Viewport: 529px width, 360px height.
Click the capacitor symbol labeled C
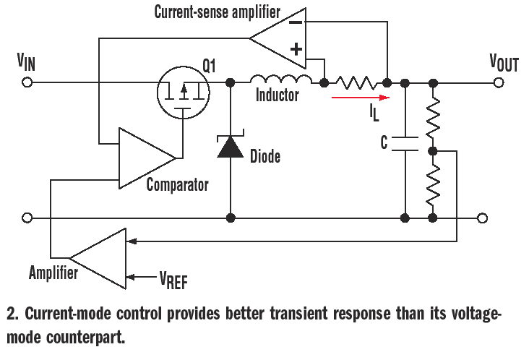pyautogui.click(x=405, y=143)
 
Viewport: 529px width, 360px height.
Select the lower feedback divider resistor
pyautogui.click(x=432, y=184)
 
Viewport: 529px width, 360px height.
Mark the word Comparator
pyautogui.click(x=177, y=185)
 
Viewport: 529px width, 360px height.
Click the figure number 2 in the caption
pyautogui.click(x=11, y=314)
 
